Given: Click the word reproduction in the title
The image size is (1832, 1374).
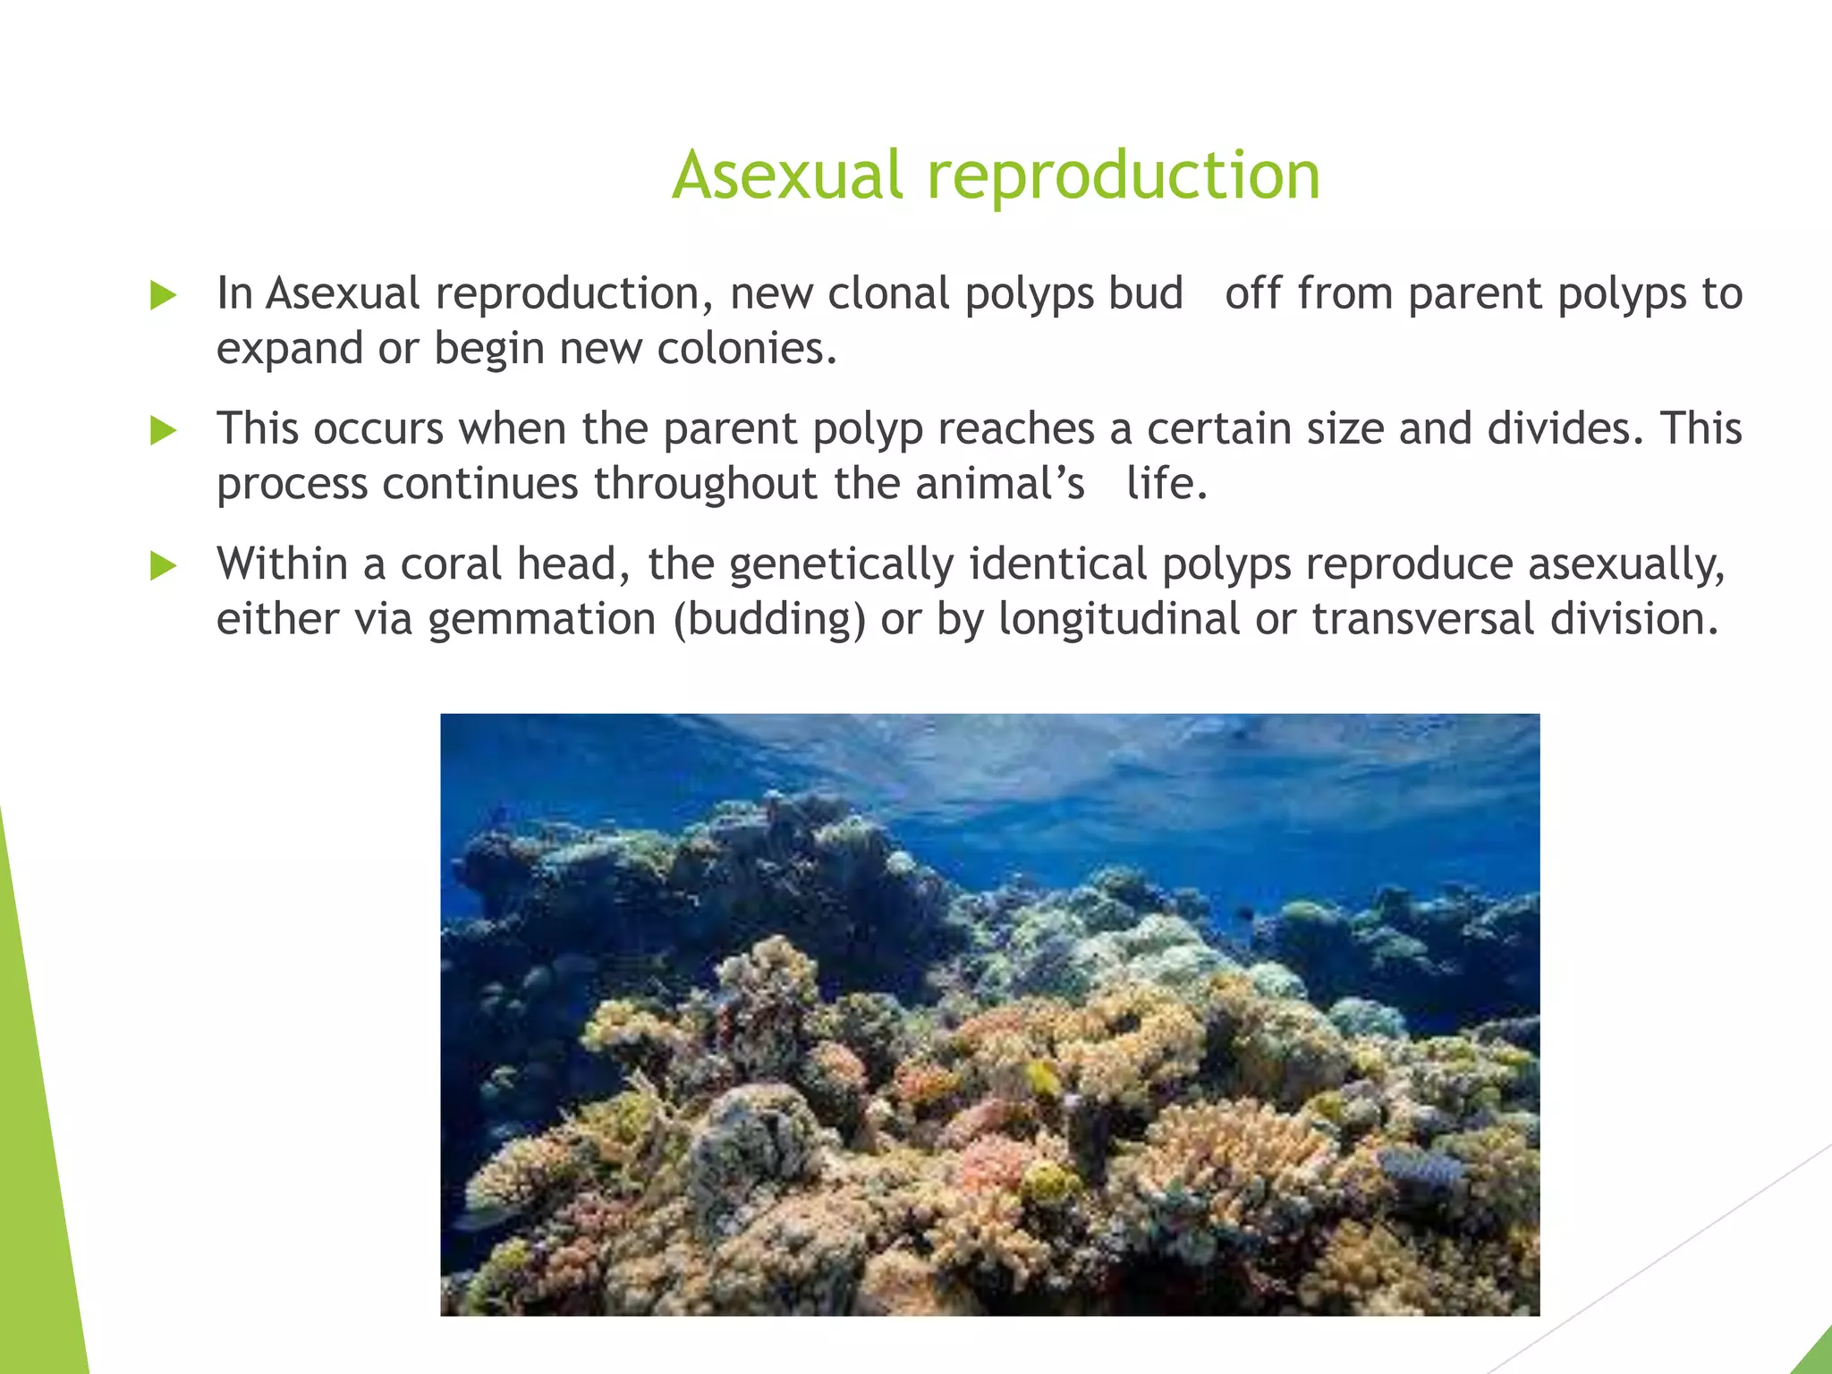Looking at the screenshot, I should tap(1123, 176).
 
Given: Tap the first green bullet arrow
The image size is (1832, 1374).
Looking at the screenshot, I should tap(163, 295).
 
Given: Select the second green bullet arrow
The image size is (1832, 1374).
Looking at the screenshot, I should tap(163, 430).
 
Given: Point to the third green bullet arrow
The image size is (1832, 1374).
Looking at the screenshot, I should tap(163, 565).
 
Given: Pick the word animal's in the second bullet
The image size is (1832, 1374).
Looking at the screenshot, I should tap(999, 483).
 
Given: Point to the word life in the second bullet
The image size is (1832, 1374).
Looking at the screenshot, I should tap(1166, 483).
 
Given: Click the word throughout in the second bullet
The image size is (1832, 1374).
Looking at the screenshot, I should tap(706, 483).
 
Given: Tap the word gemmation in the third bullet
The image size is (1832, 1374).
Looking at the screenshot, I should tap(542, 619).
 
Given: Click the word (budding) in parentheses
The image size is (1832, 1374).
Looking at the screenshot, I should tap(769, 619).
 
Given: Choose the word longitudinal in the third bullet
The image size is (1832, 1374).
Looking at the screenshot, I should tap(1118, 619).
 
